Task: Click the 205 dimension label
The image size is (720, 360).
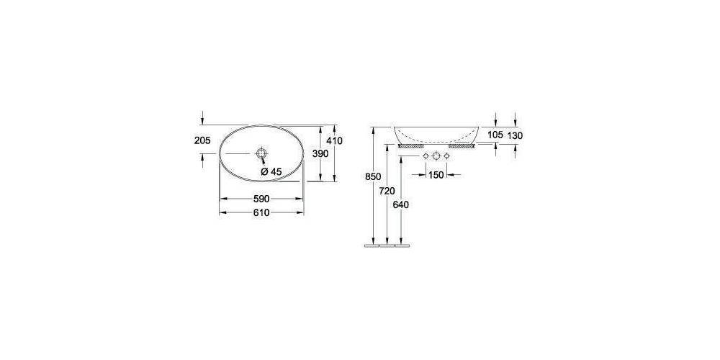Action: click(202, 141)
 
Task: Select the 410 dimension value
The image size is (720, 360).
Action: click(333, 141)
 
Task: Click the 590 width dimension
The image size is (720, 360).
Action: click(260, 198)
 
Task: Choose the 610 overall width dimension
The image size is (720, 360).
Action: click(260, 212)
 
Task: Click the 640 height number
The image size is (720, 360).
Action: click(401, 205)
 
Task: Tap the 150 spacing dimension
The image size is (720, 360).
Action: click(436, 175)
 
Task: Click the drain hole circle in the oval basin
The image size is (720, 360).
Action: click(261, 154)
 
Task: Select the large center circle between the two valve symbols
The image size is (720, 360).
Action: click(436, 156)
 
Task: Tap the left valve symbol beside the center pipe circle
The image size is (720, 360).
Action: click(425, 156)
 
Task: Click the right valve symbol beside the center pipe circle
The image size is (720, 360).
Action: click(446, 156)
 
